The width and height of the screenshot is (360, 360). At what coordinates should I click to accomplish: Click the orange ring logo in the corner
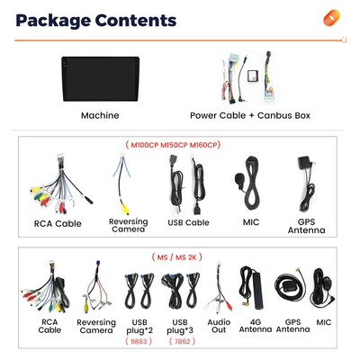coord(331,18)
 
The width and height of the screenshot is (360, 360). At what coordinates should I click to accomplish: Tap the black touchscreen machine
coord(101,79)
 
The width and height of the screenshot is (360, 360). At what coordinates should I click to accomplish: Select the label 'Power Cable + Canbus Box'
coord(250,115)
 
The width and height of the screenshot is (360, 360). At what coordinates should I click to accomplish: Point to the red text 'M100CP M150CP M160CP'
coord(173,145)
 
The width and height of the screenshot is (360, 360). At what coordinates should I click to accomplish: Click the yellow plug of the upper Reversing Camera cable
coord(124,209)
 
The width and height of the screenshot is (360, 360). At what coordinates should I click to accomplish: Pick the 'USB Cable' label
coord(188,222)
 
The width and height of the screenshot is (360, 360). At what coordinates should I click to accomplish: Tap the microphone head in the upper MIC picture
coord(240,180)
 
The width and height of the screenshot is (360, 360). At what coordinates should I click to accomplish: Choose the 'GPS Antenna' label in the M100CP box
coord(306,226)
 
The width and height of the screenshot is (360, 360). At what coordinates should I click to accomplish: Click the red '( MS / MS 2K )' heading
coord(176,257)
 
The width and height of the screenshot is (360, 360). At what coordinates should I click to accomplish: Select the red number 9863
coord(139,341)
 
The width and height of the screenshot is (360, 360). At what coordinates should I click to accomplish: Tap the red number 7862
coord(182,341)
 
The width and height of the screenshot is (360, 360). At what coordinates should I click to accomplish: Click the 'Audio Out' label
coord(219,326)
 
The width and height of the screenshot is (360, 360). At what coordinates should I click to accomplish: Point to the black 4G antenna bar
coord(258,291)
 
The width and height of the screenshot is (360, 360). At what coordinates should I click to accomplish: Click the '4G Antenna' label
coord(256,326)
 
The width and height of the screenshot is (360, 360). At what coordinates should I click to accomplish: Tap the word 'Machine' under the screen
coord(100,115)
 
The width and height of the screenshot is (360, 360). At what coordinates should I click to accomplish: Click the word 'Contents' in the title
coord(136,20)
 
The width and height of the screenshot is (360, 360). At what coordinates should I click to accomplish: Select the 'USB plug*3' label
coord(180,327)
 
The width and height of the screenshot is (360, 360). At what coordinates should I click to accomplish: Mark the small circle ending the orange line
coord(344,40)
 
